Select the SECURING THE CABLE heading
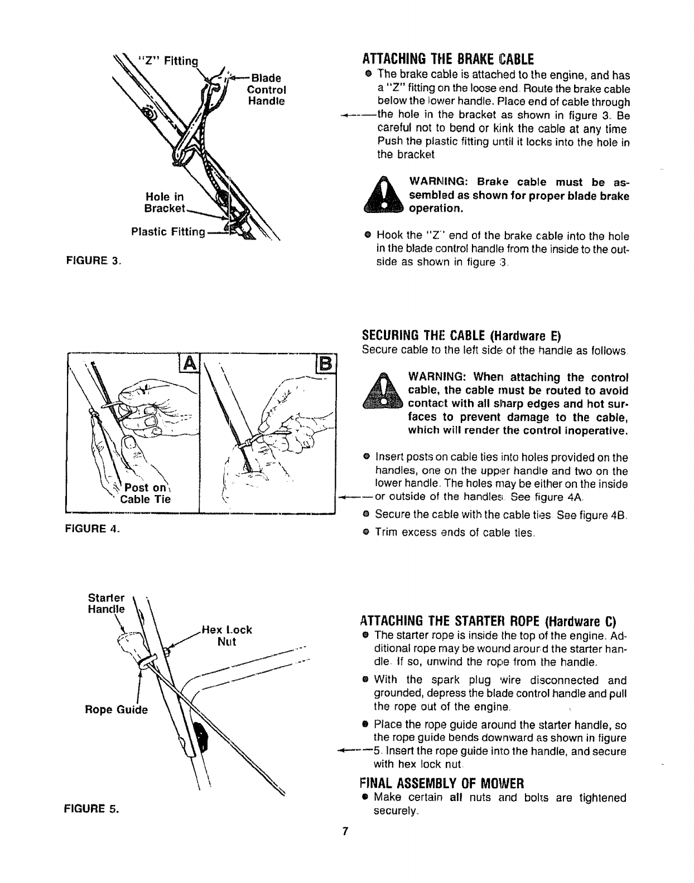click(x=461, y=337)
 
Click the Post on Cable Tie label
click(x=146, y=493)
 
